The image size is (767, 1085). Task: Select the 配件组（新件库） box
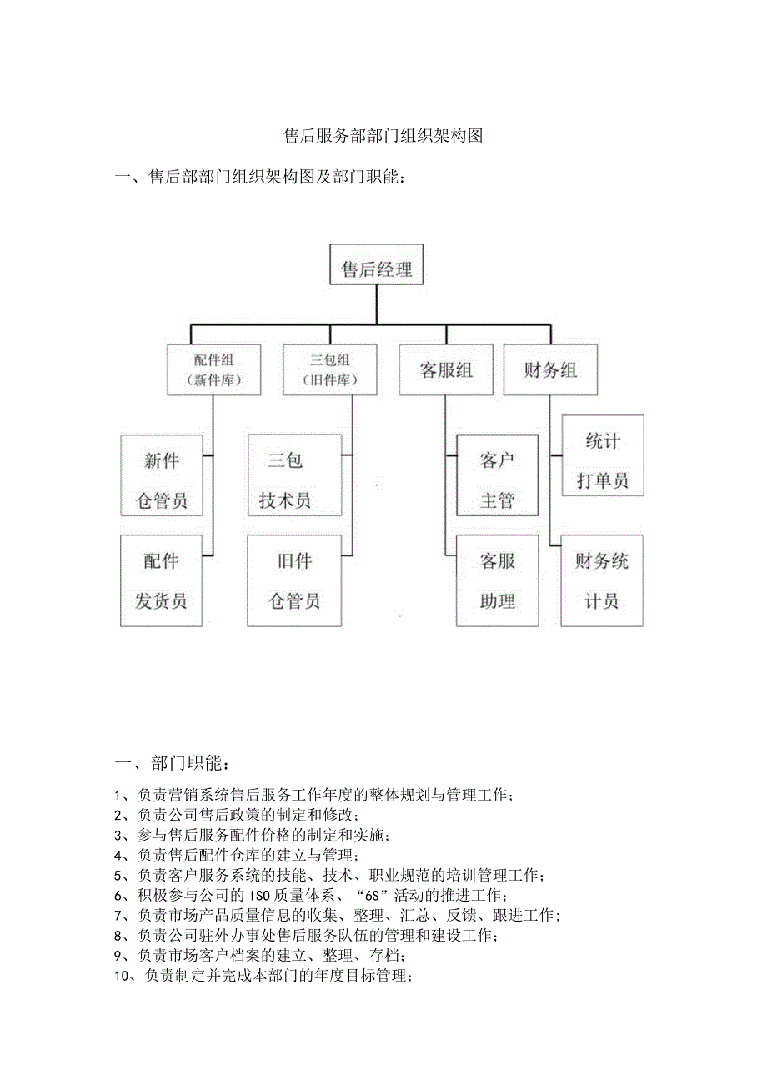point(213,369)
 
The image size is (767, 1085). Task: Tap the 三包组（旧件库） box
point(329,369)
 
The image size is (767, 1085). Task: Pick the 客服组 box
point(446,369)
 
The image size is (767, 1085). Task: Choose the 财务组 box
point(551,369)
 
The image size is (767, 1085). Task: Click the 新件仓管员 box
point(162,480)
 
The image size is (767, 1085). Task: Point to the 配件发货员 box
point(162,580)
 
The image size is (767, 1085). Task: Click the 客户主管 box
point(498,480)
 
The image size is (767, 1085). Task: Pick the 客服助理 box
point(498,580)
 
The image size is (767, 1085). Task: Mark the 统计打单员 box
point(603,460)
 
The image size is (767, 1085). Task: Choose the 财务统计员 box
point(602,580)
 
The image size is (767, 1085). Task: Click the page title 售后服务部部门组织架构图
point(383,136)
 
